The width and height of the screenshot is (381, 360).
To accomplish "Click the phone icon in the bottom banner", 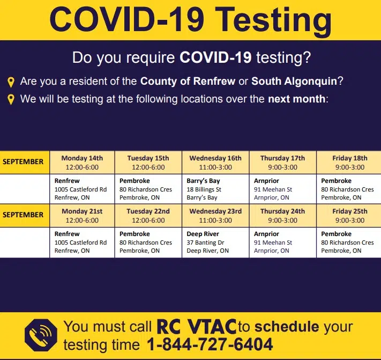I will tap(40, 335).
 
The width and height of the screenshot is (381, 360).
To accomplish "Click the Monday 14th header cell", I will tap(82, 163).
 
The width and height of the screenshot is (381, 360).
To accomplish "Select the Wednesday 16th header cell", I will tap(215, 163).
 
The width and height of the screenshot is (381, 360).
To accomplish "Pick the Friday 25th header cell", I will tap(349, 216).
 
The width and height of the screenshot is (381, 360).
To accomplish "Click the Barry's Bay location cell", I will tap(215, 189).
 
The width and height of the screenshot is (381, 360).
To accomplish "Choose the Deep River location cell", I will tap(215, 243).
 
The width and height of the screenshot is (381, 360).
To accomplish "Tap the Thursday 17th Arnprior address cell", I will tap(282, 189).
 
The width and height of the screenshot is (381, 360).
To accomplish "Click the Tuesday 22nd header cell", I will tap(148, 216).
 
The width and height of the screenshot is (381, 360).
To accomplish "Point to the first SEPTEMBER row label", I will tap(24, 161).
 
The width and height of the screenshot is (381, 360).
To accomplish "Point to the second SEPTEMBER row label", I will tap(24, 215).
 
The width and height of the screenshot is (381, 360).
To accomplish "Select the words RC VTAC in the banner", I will tap(196, 326).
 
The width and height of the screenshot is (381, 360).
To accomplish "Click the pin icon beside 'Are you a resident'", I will tap(11, 82).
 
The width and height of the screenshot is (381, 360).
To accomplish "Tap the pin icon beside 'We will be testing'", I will tap(11, 99).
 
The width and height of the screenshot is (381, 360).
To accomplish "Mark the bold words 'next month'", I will tap(296, 99).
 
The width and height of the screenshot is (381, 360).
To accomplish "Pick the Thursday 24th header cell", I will tap(282, 216).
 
